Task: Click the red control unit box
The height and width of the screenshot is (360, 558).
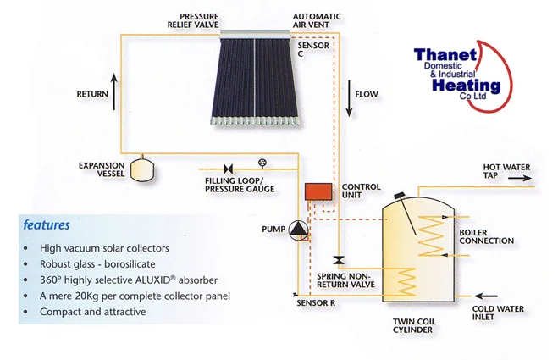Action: point(318,191)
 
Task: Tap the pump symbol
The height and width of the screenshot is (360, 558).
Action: point(298,230)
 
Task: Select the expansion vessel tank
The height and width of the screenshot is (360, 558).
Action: point(142,169)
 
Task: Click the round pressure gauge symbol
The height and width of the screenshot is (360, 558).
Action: point(262,163)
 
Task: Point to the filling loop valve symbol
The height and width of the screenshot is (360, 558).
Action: point(228,169)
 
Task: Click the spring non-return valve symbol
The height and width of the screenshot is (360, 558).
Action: point(339,260)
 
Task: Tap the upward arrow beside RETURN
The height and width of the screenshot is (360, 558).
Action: point(113,91)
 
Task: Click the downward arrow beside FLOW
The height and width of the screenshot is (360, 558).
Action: point(349,98)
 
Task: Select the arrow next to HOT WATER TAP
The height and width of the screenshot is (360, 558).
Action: point(520,178)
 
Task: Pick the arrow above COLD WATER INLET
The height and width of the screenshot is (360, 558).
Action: point(486,296)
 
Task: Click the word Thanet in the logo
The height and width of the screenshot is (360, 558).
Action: point(445,55)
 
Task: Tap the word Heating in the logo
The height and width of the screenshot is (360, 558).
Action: point(467,86)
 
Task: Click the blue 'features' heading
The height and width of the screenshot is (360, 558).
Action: point(47,225)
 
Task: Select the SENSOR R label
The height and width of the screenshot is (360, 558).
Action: point(316,303)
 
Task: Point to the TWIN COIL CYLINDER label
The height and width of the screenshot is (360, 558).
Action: point(414,325)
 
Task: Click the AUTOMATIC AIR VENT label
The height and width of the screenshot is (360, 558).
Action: point(317,20)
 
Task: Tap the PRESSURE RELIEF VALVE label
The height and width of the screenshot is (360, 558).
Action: point(193,20)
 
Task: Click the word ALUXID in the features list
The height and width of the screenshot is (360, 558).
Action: point(153,280)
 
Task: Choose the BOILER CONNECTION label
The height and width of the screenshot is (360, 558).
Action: point(486,237)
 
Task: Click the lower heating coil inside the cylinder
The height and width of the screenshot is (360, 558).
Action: point(406,282)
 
